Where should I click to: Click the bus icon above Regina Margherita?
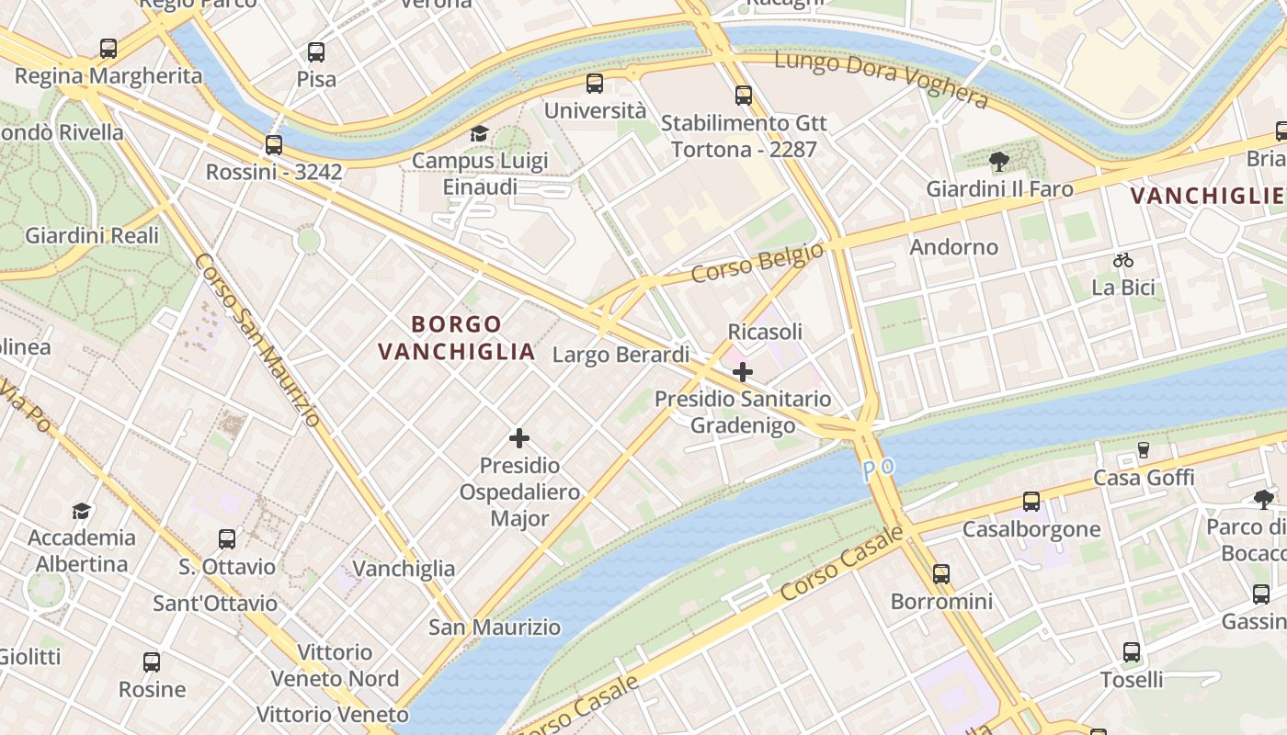click(x=108, y=49)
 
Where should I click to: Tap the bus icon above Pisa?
click(x=316, y=52)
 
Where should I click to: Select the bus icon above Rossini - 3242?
click(x=274, y=145)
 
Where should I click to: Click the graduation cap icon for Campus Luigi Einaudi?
click(x=479, y=134)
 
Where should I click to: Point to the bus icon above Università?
click(x=595, y=84)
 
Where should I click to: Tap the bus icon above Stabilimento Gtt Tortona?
click(x=743, y=96)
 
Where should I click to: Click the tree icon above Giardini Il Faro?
click(x=998, y=163)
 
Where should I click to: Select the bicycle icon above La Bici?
click(x=1122, y=260)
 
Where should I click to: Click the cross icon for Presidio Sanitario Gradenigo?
click(x=743, y=372)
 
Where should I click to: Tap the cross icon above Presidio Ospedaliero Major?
click(x=519, y=438)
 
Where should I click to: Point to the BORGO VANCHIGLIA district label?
click(x=457, y=337)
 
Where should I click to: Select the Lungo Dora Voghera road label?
click(x=881, y=79)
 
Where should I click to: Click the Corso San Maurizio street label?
click(x=257, y=340)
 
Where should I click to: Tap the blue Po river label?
click(x=878, y=469)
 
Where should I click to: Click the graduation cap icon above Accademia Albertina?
click(x=82, y=511)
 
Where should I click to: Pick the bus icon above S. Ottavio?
click(x=227, y=539)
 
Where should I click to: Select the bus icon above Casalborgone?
click(x=1031, y=502)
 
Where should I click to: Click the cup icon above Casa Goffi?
click(x=1144, y=450)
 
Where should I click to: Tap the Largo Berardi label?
click(x=621, y=355)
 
